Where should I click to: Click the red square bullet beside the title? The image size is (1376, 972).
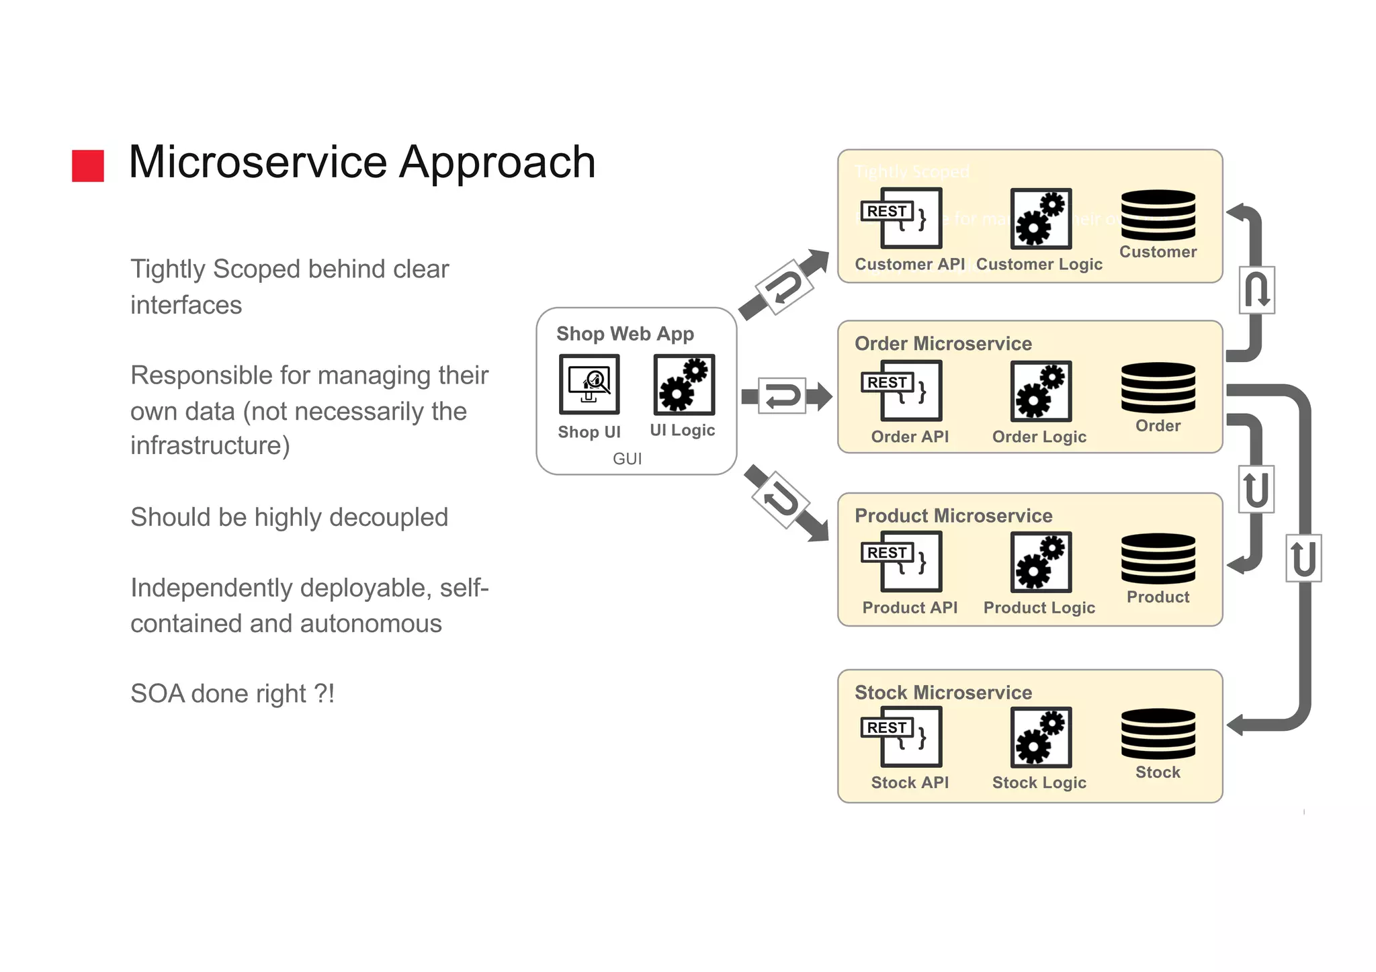pos(88,165)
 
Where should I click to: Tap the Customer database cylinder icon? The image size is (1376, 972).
pos(1158,215)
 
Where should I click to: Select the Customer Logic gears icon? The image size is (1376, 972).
pos(1041,219)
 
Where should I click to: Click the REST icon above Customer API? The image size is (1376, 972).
pos(902,218)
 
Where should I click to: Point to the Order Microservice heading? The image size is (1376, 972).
pos(943,344)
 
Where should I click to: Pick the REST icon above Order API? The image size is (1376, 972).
pos(902,390)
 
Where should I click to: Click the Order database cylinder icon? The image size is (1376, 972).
pos(1158,388)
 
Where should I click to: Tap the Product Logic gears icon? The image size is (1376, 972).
pos(1041,562)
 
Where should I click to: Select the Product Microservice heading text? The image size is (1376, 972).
pos(953,516)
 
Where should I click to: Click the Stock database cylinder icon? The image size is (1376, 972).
pos(1158,734)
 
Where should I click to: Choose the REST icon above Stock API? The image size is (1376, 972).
pos(902,736)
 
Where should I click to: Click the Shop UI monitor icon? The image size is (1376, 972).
pos(589,384)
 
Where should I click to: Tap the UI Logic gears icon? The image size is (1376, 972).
pos(684,385)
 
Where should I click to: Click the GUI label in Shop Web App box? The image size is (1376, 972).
pos(627,459)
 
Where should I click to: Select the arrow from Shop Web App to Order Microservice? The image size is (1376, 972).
pos(785,396)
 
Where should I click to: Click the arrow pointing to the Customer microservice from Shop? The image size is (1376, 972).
pos(784,285)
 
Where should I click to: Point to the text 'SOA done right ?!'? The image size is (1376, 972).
pos(232,694)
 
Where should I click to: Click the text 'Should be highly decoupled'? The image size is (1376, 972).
pos(289,517)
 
